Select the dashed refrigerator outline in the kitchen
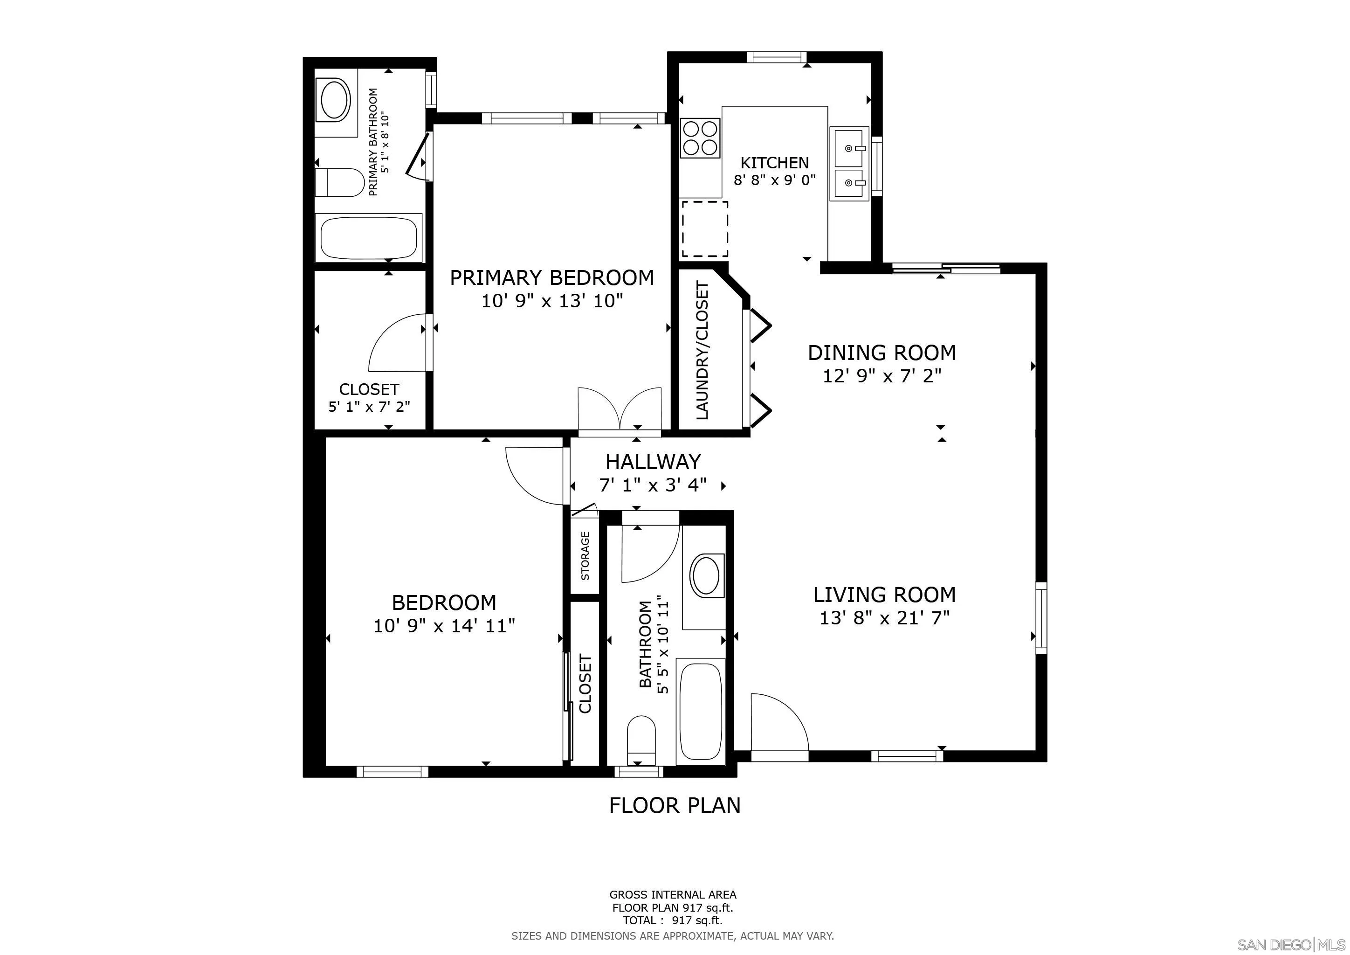click(704, 229)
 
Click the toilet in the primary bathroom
click(339, 183)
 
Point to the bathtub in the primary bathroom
click(369, 237)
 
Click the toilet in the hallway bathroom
click(641, 738)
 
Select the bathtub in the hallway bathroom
click(700, 712)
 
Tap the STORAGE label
click(585, 556)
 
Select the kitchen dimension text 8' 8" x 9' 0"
click(774, 180)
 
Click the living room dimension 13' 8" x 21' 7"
click(884, 618)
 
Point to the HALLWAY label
click(653, 462)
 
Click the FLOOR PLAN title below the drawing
click(675, 805)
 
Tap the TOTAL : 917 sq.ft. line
click(672, 921)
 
